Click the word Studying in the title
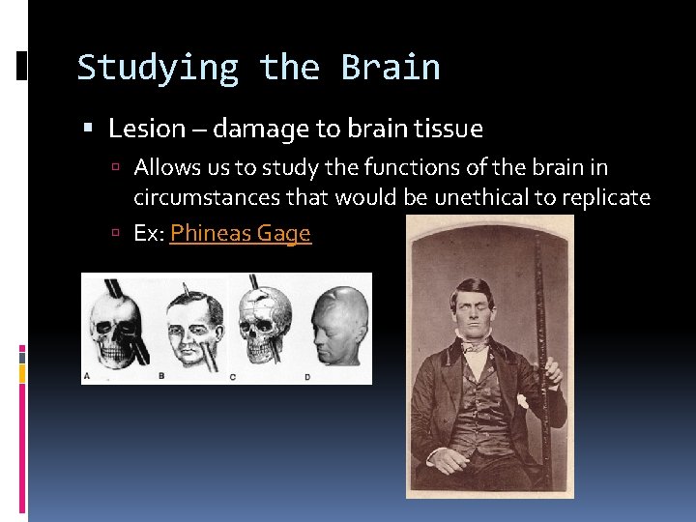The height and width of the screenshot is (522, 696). [x=158, y=69]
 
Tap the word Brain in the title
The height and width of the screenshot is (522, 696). [x=391, y=69]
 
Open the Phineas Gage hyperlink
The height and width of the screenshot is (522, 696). [x=240, y=234]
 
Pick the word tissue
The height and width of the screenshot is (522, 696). [x=449, y=129]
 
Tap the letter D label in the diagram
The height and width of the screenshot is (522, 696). [x=306, y=376]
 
